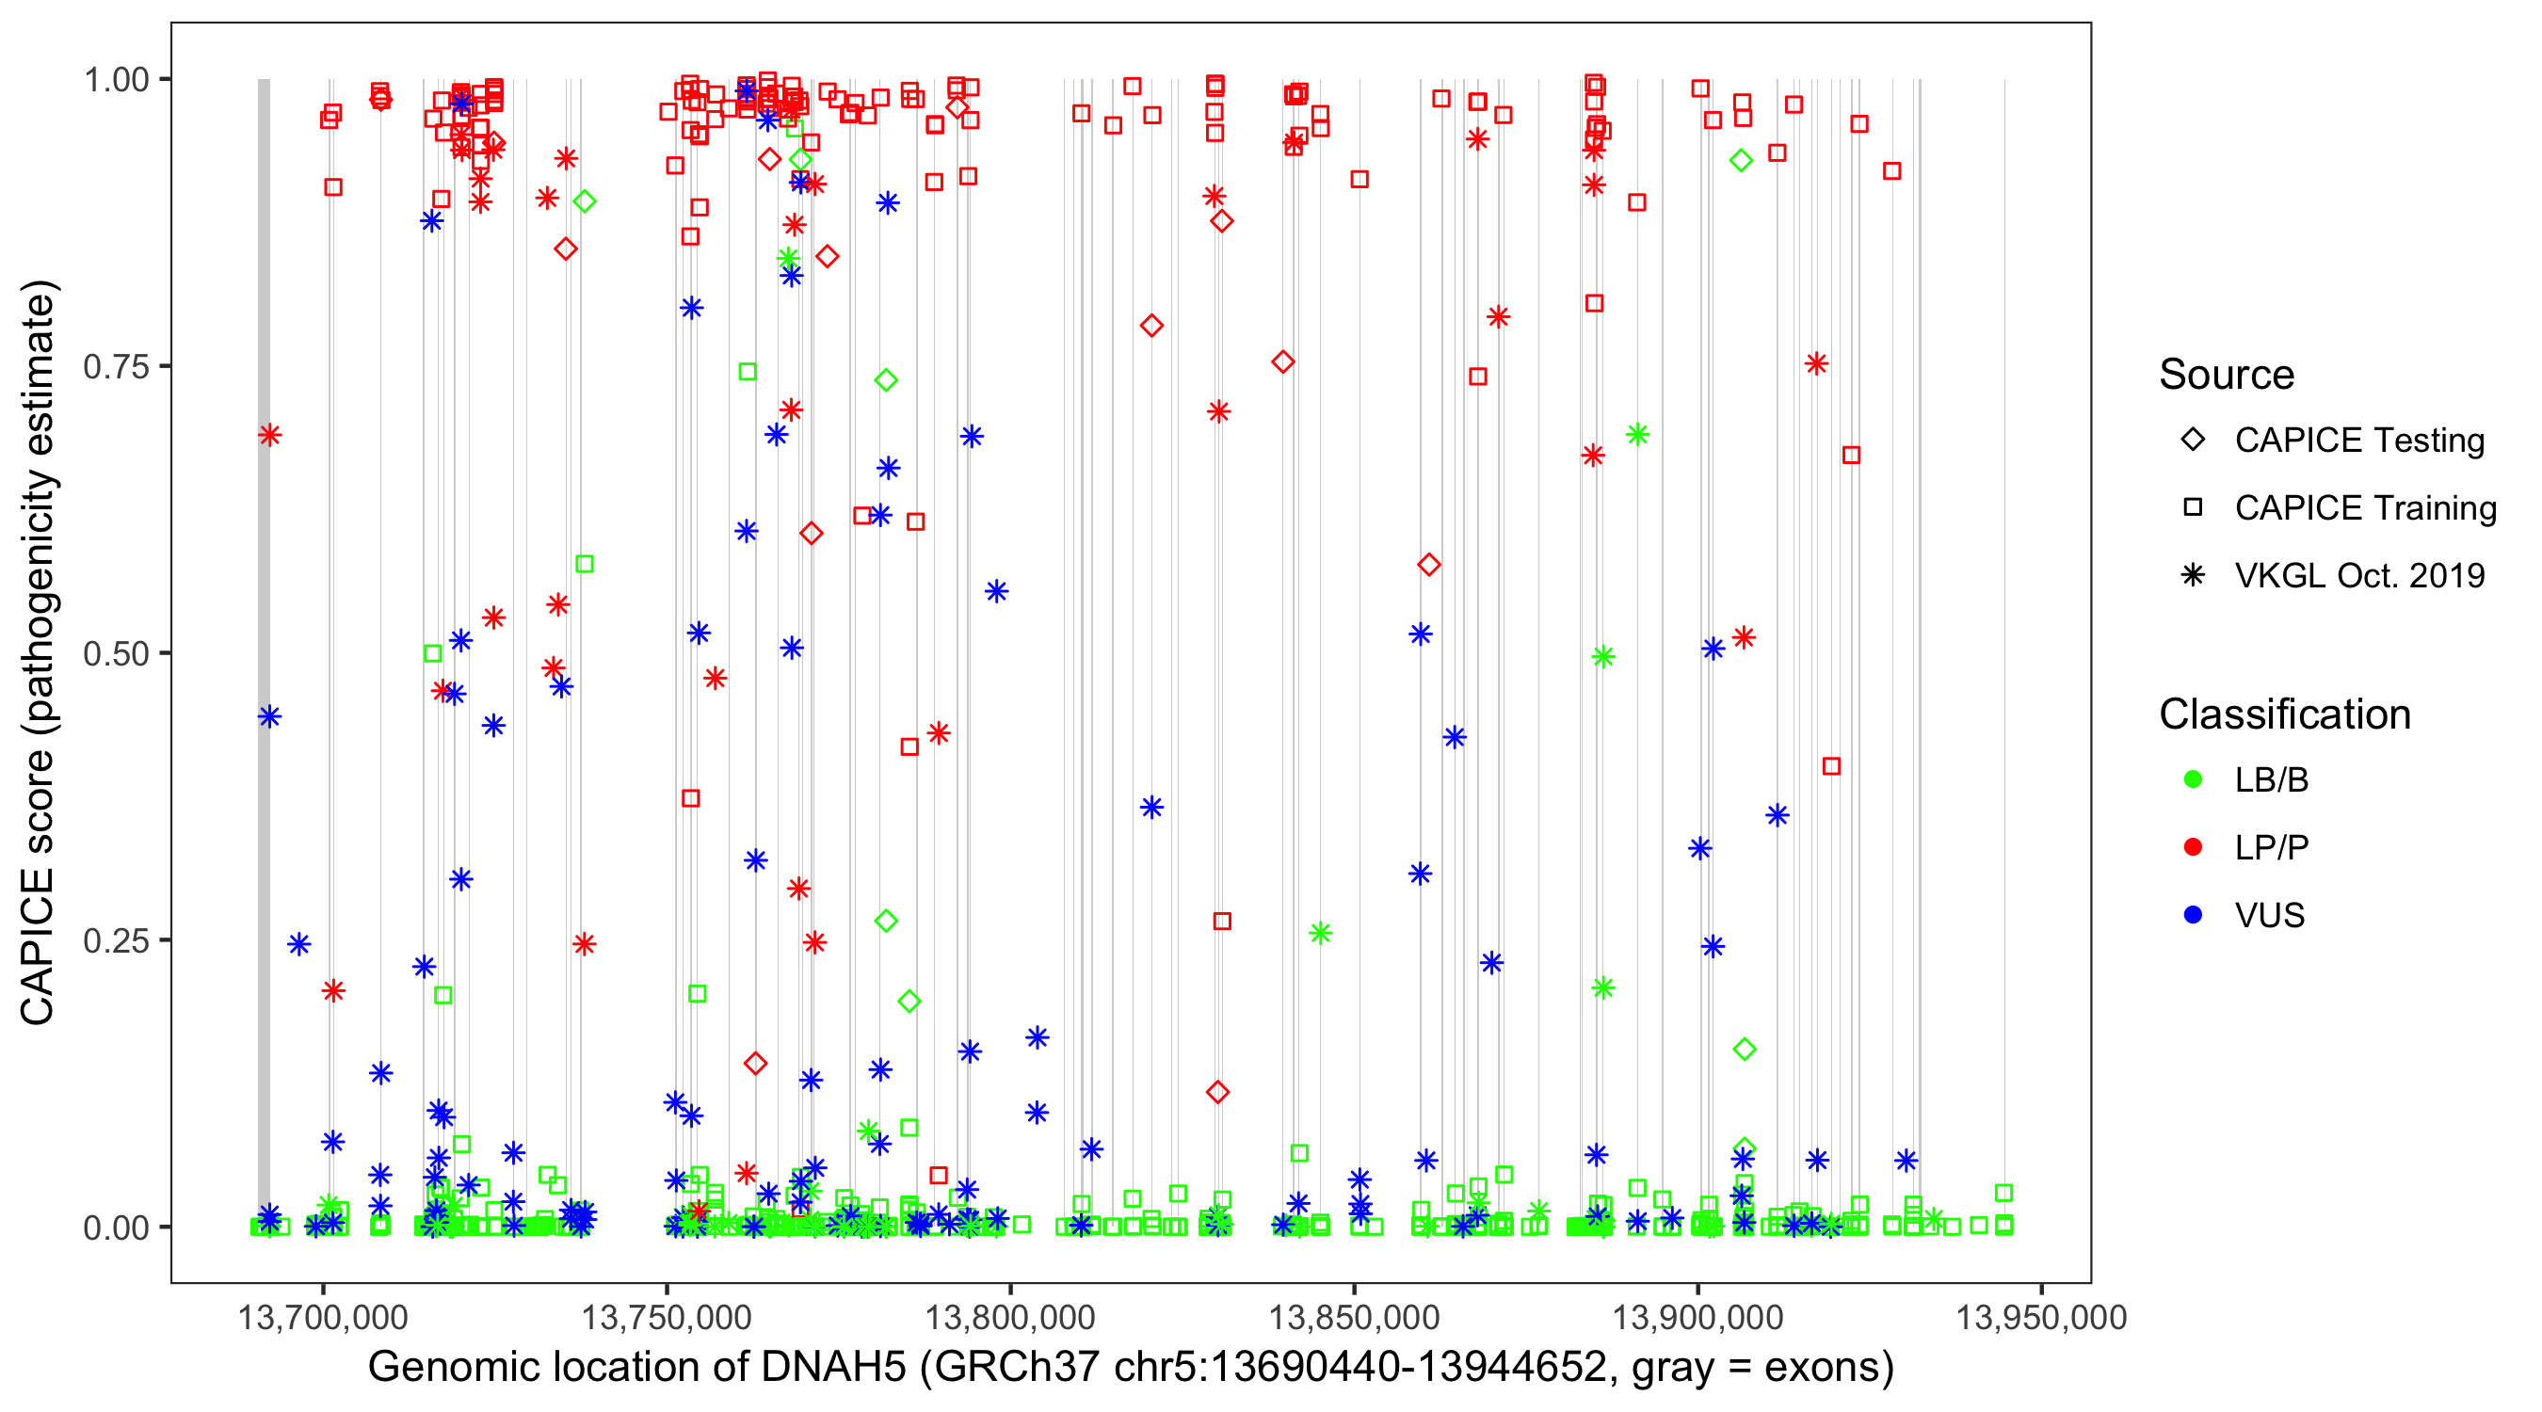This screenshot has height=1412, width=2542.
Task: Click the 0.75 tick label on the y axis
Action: click(x=115, y=366)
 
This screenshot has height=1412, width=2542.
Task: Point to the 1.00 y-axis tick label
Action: click(x=115, y=79)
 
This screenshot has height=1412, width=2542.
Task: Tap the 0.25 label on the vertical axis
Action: click(x=115, y=940)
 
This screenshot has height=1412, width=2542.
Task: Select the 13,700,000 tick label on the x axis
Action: click(x=323, y=1317)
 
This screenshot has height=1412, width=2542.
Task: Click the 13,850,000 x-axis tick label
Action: click(x=1354, y=1317)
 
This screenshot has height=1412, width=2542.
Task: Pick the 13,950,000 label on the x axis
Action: click(x=2041, y=1317)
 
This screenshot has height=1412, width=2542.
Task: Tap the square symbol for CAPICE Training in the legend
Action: click(x=2193, y=507)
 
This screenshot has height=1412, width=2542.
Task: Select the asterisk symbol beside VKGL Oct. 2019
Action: click(x=2193, y=575)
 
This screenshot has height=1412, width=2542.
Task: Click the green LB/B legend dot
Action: click(x=2193, y=779)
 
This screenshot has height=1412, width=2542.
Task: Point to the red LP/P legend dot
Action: click(x=2193, y=847)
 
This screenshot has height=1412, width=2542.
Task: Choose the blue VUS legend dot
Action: click(x=2193, y=915)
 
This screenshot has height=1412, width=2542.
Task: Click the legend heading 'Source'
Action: click(x=2227, y=375)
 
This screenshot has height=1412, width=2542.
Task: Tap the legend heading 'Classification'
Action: click(x=2284, y=714)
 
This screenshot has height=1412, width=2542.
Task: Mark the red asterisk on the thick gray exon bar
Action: click(x=269, y=435)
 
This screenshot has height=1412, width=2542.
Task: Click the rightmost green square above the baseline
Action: click(x=2003, y=1193)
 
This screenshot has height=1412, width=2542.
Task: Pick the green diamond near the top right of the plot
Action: click(x=1741, y=161)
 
